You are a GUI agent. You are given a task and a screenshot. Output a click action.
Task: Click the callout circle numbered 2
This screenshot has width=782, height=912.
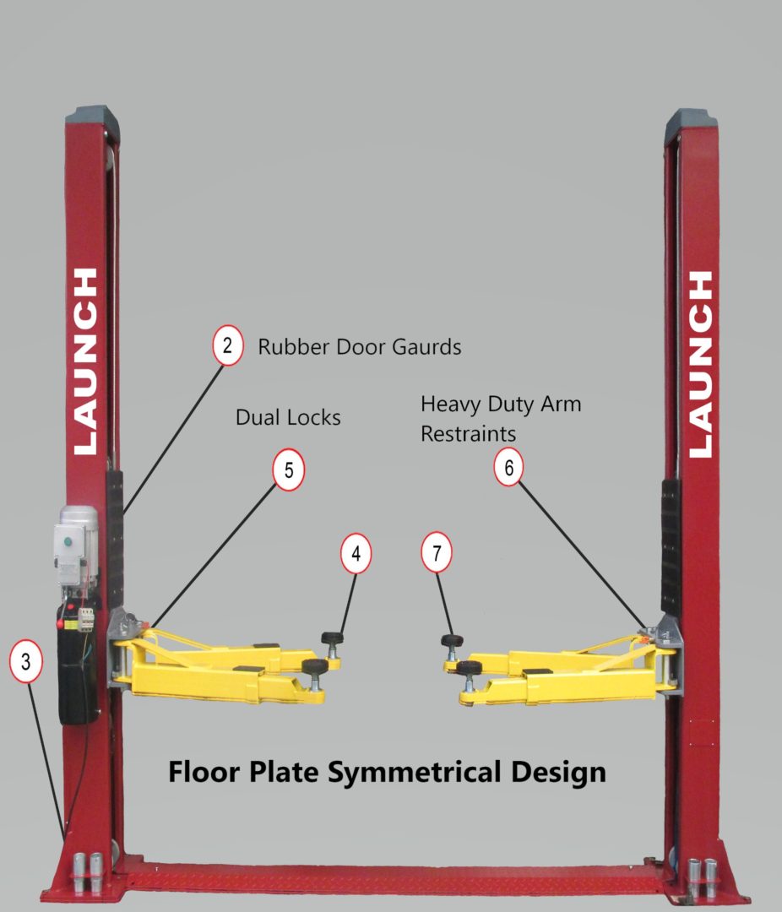(227, 347)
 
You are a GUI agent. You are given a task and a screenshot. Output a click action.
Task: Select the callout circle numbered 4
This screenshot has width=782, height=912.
(356, 554)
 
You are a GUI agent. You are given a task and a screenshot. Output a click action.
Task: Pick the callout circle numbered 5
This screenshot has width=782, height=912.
(289, 471)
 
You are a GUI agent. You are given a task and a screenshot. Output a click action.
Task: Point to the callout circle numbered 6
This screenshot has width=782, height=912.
(509, 467)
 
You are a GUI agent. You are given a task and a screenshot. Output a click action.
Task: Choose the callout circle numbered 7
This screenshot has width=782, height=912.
(437, 554)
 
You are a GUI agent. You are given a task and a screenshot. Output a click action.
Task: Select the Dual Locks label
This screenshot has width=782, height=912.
(288, 417)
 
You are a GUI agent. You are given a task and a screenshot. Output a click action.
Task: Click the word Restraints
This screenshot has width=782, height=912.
(469, 434)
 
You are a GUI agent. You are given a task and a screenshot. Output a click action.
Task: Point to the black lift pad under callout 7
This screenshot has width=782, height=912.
(452, 640)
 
